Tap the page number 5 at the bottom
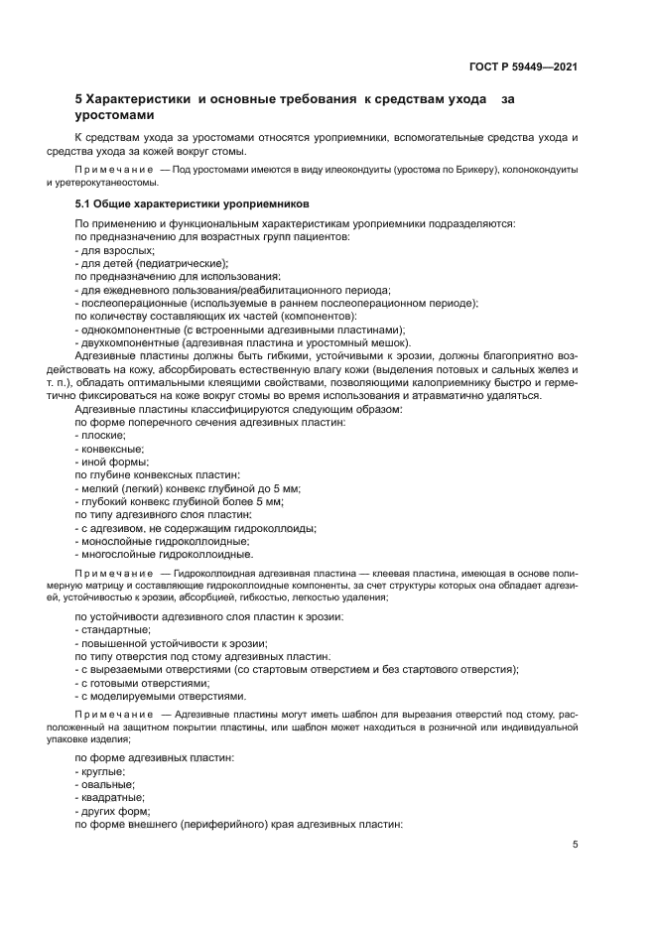(x=575, y=846)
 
